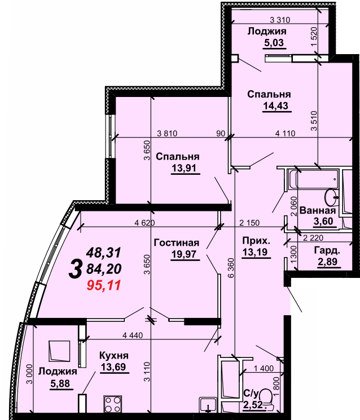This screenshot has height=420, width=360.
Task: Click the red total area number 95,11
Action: (104, 285)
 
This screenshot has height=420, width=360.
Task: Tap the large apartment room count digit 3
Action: (75, 270)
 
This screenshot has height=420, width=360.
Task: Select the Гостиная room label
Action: (177, 242)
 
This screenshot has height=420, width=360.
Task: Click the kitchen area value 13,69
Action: (113, 366)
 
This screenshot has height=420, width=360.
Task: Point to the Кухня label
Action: (113, 356)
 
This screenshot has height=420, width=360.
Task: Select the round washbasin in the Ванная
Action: (331, 197)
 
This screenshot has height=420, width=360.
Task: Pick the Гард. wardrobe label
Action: (327, 251)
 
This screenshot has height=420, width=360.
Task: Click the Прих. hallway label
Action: (256, 241)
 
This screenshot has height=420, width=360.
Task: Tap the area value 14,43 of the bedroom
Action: (275, 106)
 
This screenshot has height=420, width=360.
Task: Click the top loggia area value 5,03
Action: (274, 43)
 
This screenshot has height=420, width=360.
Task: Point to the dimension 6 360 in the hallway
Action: (231, 268)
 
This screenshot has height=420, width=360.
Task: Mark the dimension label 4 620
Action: (144, 222)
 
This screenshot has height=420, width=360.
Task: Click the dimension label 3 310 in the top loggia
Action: (280, 20)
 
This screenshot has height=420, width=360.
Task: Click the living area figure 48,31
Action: (103, 253)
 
